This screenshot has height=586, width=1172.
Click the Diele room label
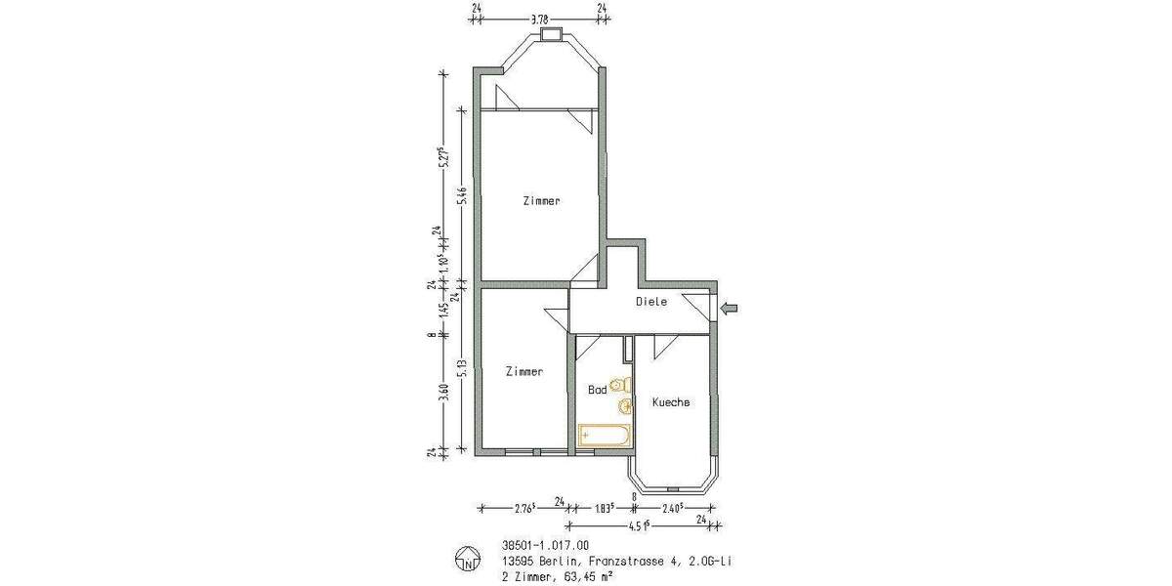point(651,302)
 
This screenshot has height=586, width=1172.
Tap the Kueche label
point(671,401)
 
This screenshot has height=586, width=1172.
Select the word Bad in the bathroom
point(597,389)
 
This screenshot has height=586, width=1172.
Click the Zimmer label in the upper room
point(541,201)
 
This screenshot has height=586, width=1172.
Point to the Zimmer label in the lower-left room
point(523,372)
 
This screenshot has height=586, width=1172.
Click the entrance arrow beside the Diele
point(730,310)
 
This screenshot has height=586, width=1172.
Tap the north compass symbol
point(468,561)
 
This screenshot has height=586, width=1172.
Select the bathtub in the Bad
point(603,435)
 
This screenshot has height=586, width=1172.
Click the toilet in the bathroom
point(620,386)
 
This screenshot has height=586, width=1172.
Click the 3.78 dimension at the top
point(538,17)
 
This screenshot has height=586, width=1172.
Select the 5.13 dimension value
point(463,372)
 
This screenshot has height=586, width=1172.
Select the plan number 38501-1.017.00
point(543,546)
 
